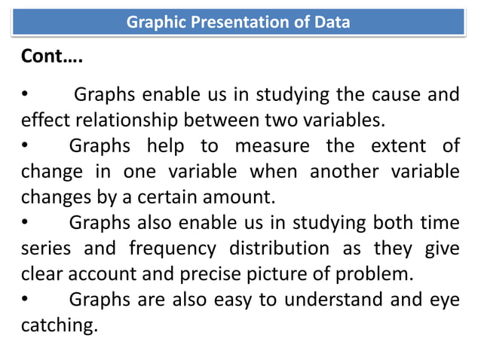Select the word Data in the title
click(333, 22)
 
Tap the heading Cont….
click(51, 56)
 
